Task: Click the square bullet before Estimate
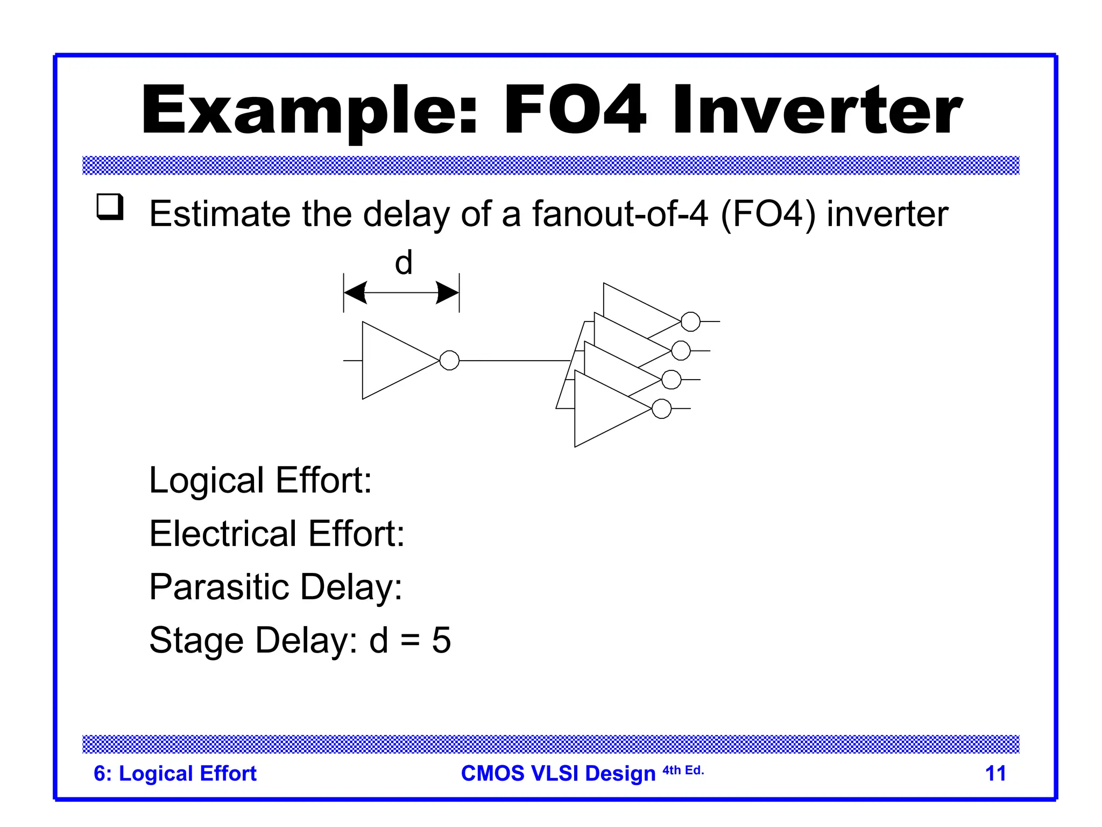(x=110, y=207)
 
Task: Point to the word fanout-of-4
(x=620, y=214)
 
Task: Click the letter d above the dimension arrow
(x=404, y=263)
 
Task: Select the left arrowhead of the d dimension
(x=356, y=293)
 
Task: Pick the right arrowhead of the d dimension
(x=447, y=293)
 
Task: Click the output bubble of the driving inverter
(x=449, y=360)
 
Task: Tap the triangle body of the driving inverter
(x=393, y=360)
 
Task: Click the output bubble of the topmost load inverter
(x=690, y=321)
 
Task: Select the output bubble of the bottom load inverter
(x=661, y=409)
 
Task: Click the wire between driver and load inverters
(x=514, y=360)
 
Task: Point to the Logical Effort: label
(x=260, y=480)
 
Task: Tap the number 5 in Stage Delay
(x=441, y=640)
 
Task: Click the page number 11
(x=995, y=773)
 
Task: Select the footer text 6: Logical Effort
(x=175, y=773)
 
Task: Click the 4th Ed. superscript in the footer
(x=683, y=770)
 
